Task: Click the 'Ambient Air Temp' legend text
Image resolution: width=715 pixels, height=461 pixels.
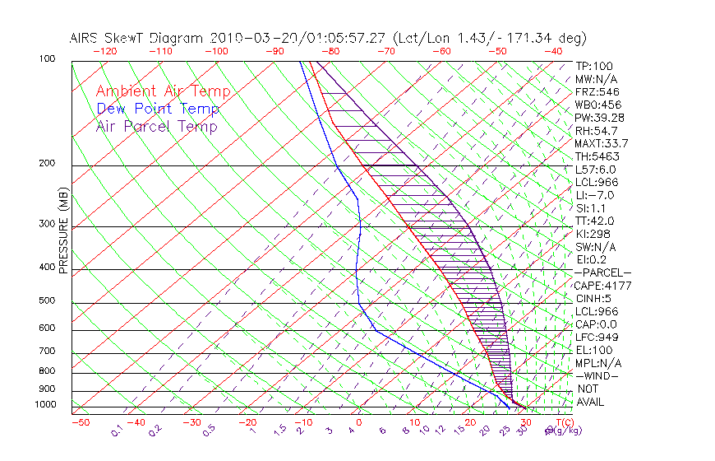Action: point(163,91)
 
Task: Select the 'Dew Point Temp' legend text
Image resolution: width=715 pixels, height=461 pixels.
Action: point(157,109)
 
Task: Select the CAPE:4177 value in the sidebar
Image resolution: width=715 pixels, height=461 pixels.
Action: point(600,286)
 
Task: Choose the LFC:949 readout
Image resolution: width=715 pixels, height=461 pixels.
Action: point(597,338)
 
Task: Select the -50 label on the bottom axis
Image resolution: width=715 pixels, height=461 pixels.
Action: point(80,422)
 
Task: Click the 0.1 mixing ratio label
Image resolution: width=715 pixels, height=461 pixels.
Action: point(118,430)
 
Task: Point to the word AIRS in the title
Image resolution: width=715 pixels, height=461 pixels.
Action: point(85,38)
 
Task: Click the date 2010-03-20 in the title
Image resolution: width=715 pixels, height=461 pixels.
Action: point(245,38)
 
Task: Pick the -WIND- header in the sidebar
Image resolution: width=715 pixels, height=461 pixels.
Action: point(597,375)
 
